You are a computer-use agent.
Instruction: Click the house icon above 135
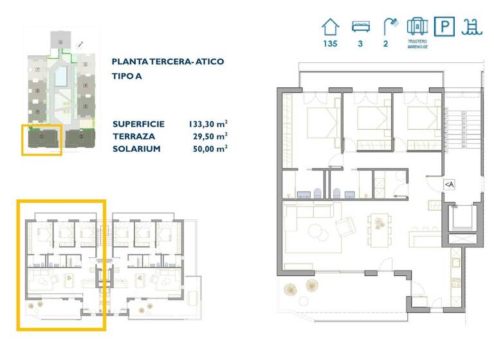[x=330, y=26]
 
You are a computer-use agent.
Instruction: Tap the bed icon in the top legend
[x=361, y=26]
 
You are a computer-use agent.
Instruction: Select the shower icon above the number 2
[x=390, y=26]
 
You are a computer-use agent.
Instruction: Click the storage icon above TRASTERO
[x=417, y=26]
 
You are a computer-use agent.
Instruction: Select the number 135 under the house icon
[x=330, y=44]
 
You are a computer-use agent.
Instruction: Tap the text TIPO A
[x=127, y=76]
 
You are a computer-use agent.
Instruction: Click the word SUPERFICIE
[x=138, y=124]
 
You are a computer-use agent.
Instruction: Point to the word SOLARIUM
[x=135, y=148]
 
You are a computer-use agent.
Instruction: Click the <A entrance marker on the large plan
[x=449, y=184]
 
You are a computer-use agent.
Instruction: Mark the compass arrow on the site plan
[x=80, y=44]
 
